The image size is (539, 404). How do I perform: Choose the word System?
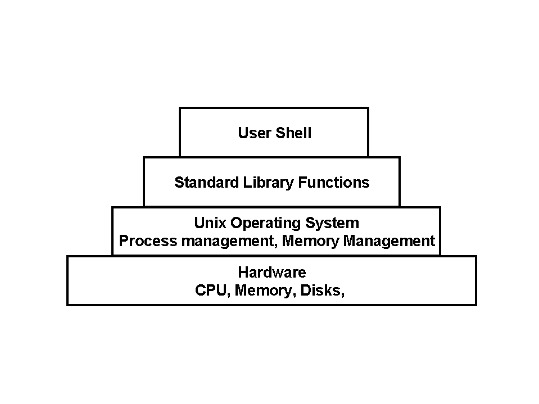[x=332, y=223]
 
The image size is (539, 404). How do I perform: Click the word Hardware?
[x=272, y=273]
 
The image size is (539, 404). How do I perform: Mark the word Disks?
[x=321, y=290]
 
